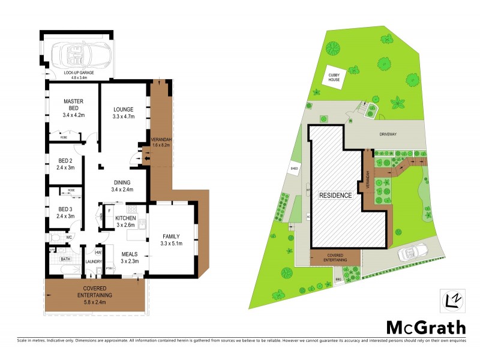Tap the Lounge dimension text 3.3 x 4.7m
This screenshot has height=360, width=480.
click(123, 118)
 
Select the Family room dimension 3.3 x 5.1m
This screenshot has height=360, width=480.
click(172, 243)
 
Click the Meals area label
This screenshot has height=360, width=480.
click(130, 254)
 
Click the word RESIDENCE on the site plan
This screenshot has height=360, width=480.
click(335, 196)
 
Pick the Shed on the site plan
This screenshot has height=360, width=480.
click(295, 169)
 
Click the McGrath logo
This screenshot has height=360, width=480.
click(425, 327)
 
